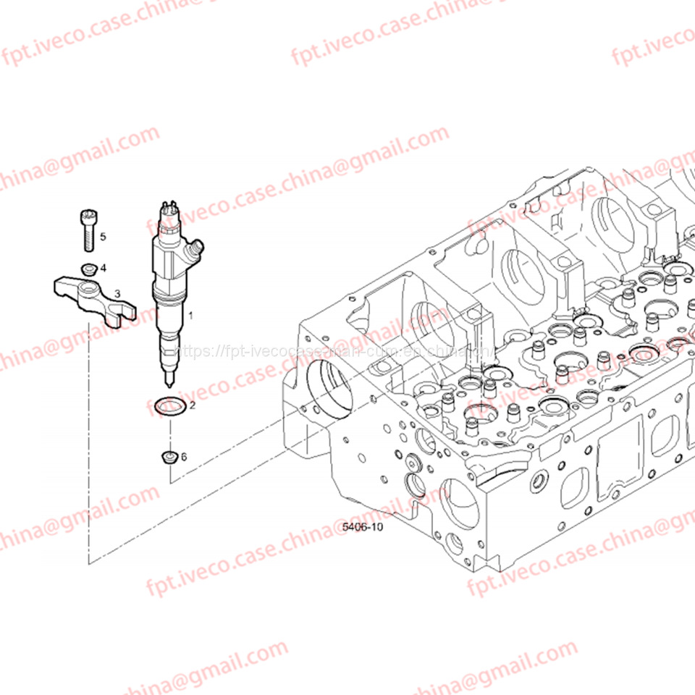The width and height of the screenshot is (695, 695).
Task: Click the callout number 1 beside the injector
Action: pos(191,316)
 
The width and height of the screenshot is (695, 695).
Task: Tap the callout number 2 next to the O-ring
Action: pos(192,405)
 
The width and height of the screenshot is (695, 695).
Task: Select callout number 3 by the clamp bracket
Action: pos(117,294)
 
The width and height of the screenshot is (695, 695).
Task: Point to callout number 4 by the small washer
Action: pos(104,268)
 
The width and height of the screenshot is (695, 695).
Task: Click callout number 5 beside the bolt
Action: pos(103,237)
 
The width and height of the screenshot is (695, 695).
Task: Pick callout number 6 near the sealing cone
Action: pos(184,457)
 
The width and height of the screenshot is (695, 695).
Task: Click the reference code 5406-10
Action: pos(362,528)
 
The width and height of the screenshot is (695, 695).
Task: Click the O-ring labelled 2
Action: pos(170,407)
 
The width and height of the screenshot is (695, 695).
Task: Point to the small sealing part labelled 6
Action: pos(169,458)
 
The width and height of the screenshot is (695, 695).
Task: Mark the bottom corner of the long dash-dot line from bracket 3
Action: pos(89,563)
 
